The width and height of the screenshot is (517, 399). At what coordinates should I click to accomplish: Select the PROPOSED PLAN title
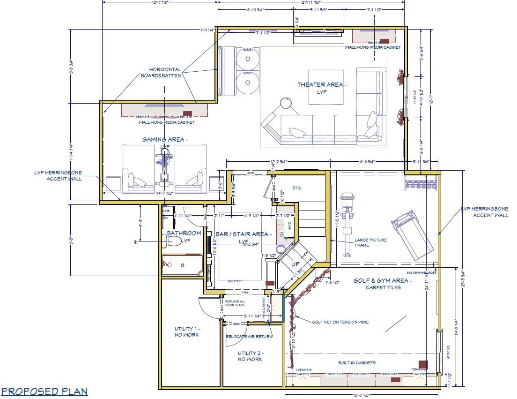click(x=44, y=391)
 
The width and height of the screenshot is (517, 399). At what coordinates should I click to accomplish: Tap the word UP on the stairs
click(x=295, y=264)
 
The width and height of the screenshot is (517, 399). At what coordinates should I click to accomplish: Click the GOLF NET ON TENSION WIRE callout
click(x=340, y=322)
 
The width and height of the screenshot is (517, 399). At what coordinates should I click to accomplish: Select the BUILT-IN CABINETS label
click(x=357, y=363)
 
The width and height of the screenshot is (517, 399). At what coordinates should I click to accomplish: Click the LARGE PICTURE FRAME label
click(x=371, y=242)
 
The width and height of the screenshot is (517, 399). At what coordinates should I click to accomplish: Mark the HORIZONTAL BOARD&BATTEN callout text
click(x=165, y=72)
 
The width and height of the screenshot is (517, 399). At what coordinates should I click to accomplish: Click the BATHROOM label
click(x=184, y=233)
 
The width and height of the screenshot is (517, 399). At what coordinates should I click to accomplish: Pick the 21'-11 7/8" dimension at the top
click(x=311, y=1)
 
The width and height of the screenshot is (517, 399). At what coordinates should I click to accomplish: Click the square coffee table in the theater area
click(x=325, y=88)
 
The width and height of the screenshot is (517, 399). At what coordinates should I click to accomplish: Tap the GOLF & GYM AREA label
click(x=383, y=284)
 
